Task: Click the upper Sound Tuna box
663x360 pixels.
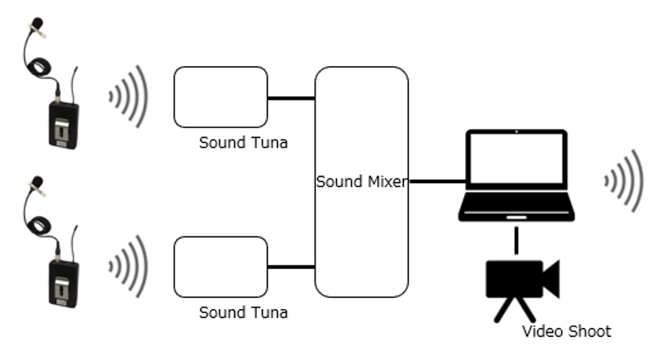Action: [x=221, y=97]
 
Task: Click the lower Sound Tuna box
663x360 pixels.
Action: [x=221, y=266]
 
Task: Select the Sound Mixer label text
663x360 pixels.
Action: [x=362, y=182]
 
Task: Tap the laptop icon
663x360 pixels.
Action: [x=516, y=176]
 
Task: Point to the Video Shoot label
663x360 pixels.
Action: [x=567, y=331]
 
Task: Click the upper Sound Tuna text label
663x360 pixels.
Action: [x=243, y=143]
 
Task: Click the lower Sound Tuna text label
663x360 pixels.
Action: [x=243, y=312]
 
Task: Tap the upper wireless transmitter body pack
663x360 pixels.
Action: [x=63, y=123]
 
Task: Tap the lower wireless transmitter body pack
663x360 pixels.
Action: [x=63, y=280]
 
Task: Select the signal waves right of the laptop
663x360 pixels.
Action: [x=624, y=182]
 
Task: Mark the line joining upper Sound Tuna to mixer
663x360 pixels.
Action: [x=291, y=98]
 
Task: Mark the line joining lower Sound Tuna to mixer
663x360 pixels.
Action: [x=291, y=266]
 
